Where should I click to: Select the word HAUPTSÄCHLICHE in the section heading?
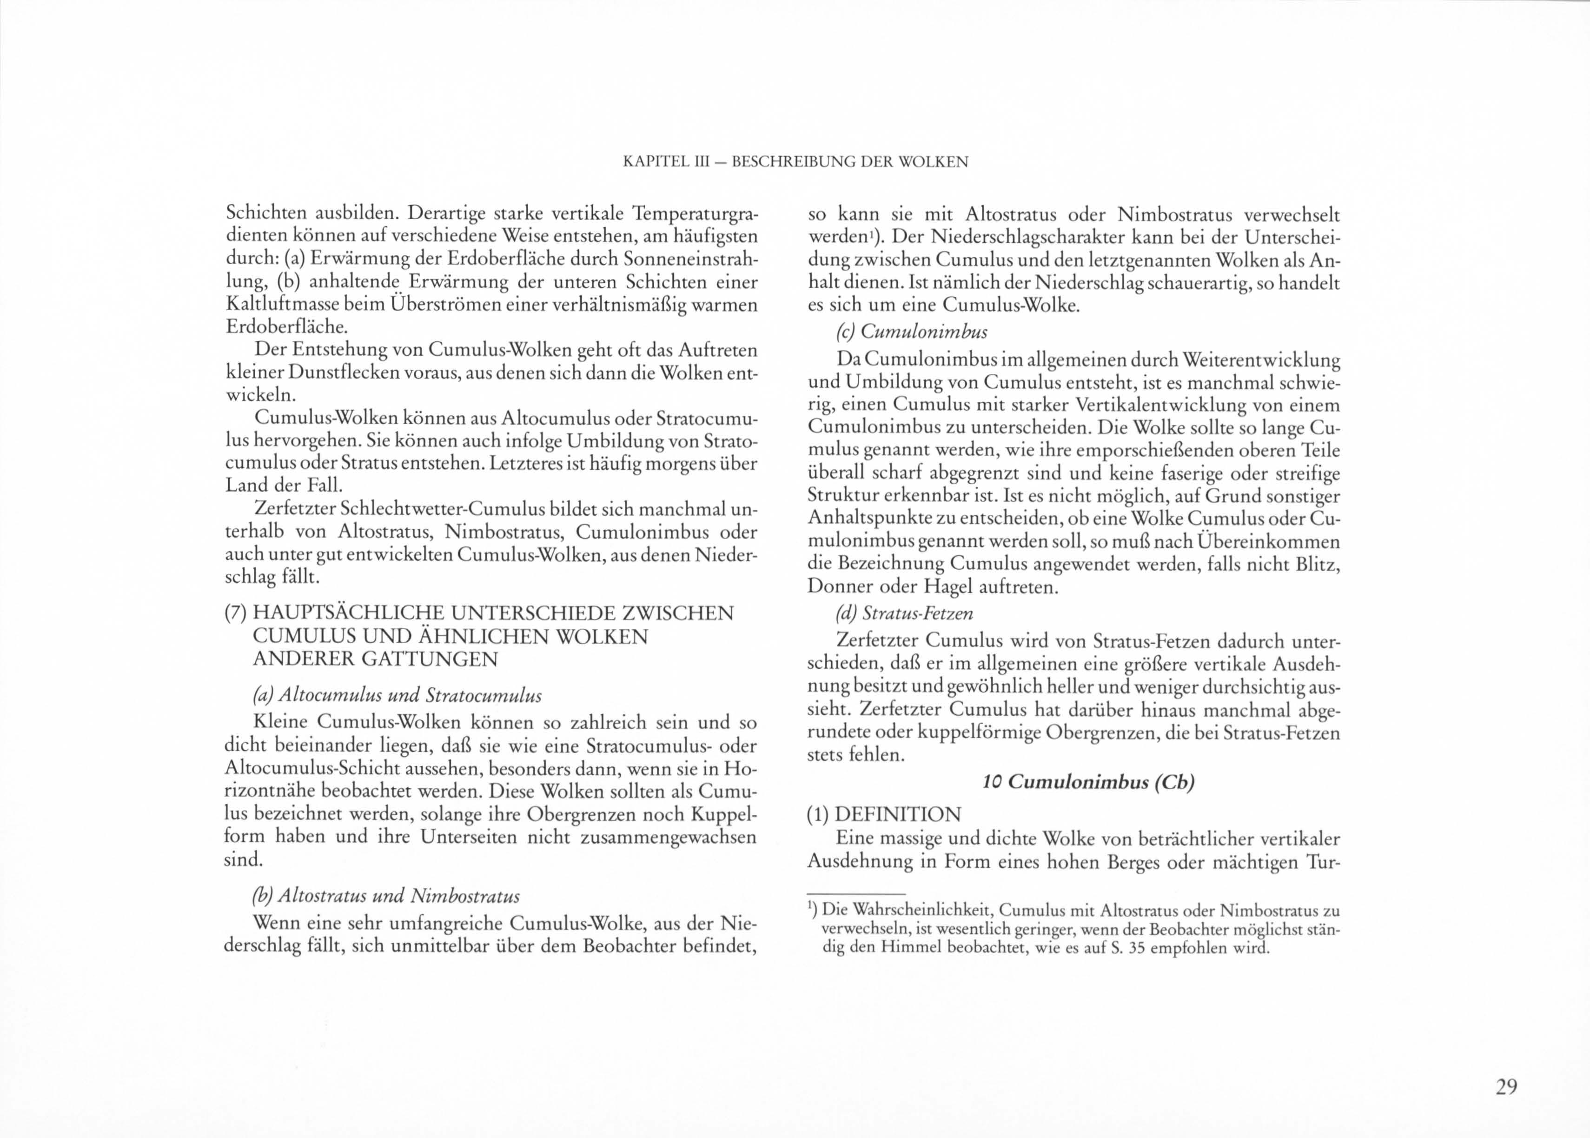point(347,614)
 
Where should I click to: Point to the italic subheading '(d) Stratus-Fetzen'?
point(904,613)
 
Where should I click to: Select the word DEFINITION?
point(899,814)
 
